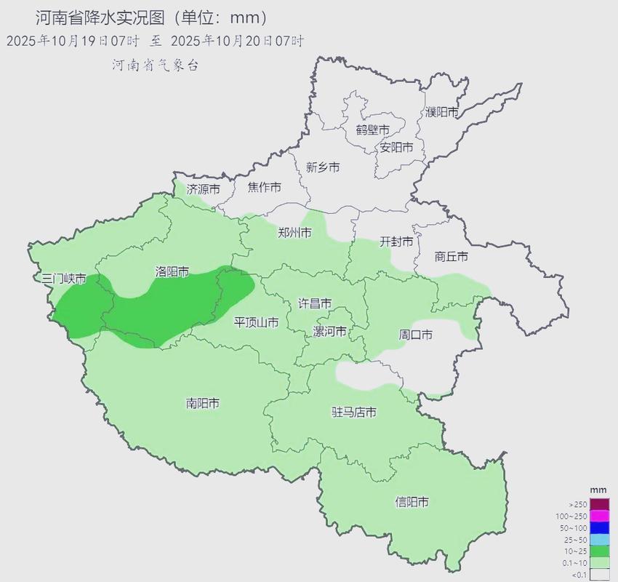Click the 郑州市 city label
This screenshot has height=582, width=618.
click(x=294, y=233)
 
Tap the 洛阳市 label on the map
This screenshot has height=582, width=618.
click(x=172, y=271)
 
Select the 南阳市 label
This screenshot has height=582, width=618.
click(x=203, y=403)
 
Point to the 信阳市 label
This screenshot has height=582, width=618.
click(x=412, y=502)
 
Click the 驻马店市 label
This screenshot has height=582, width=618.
click(x=354, y=412)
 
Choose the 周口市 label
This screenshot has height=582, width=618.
click(x=416, y=335)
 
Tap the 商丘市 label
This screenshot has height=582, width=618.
click(x=451, y=256)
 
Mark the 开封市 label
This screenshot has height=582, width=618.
click(x=396, y=242)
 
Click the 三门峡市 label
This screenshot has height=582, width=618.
click(x=64, y=279)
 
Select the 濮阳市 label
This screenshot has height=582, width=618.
click(x=442, y=112)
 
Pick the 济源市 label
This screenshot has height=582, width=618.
click(x=203, y=188)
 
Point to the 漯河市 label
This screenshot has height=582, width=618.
click(x=329, y=332)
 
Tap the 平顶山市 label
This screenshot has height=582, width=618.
click(x=255, y=322)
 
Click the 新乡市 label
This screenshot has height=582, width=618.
click(x=322, y=167)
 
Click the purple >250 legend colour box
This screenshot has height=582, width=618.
click(x=599, y=504)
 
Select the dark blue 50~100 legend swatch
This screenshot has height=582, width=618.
click(x=599, y=527)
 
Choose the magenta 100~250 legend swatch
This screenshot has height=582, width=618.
click(x=599, y=516)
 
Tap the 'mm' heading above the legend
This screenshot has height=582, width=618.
click(x=598, y=490)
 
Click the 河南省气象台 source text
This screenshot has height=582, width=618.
click(x=154, y=65)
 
